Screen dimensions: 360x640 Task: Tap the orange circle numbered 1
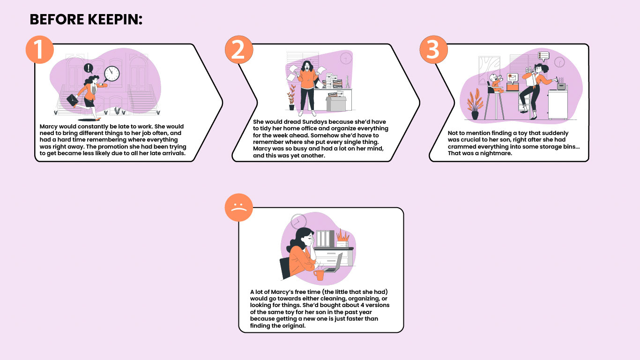tap(40, 50)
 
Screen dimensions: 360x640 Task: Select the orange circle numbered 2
tap(238, 50)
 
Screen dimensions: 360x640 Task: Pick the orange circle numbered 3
tap(433, 50)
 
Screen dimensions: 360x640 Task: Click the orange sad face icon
tap(239, 208)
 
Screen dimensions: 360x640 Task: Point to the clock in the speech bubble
tap(112, 74)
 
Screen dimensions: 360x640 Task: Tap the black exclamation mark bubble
tap(88, 68)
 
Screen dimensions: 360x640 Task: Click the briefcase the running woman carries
tap(73, 99)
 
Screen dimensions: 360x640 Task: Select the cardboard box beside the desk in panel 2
tap(335, 101)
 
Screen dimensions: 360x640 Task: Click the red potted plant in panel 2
tap(291, 97)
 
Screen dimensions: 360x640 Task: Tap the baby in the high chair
tap(494, 82)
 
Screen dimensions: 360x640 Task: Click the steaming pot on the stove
tap(561, 86)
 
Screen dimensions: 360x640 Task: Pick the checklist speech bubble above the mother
tap(543, 56)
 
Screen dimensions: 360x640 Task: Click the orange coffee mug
tap(320, 275)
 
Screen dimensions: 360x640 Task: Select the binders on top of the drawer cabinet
tap(324, 238)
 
